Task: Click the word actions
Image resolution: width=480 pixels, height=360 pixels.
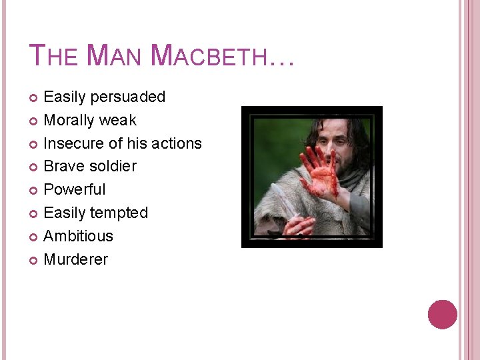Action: (x=175, y=143)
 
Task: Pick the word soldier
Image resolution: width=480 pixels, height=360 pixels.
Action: (x=110, y=166)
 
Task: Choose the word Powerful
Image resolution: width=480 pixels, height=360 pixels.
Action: (x=74, y=189)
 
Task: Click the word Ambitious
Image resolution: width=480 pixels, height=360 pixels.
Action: (x=78, y=236)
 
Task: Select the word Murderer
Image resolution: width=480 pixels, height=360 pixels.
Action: (x=75, y=259)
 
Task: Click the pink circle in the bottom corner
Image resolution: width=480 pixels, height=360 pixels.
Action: (x=442, y=314)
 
